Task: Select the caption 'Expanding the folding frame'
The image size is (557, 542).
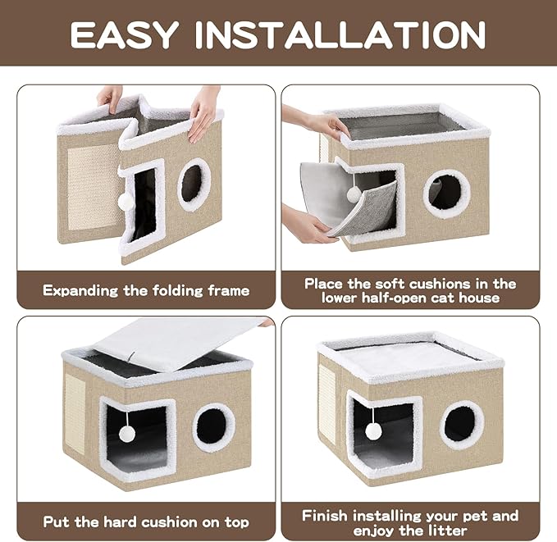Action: click(146, 290)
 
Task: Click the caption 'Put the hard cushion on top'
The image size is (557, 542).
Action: click(146, 522)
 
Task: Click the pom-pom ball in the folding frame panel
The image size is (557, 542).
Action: click(126, 200)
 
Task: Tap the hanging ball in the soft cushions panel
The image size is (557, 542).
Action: click(354, 194)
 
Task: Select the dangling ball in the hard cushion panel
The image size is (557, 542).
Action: click(128, 433)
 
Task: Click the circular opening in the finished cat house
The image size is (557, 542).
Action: click(462, 424)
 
